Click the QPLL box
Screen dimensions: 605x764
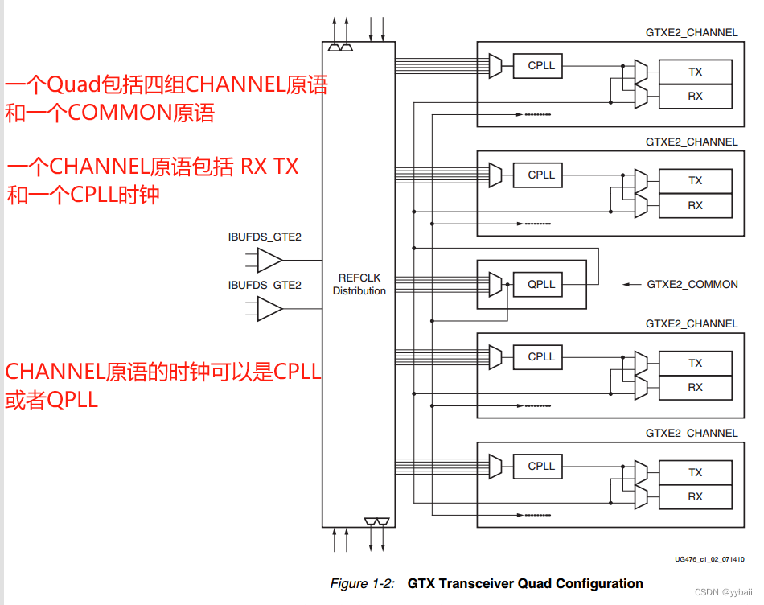(541, 284)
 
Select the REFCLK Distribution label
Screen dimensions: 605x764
(359, 284)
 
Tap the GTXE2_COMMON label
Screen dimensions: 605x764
(692, 284)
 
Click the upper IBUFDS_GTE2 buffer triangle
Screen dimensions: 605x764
(269, 260)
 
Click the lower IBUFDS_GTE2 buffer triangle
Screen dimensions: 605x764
(269, 309)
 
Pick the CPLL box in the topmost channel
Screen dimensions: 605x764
(541, 65)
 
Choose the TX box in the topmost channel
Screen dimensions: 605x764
(695, 72)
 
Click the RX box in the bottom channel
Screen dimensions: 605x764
(695, 497)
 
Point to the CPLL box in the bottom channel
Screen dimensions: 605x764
(541, 466)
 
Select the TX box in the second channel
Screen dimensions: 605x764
(695, 181)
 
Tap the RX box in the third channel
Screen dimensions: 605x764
(695, 387)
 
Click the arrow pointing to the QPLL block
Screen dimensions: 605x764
(634, 284)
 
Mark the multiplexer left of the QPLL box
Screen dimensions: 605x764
(495, 284)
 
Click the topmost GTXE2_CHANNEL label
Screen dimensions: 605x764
(692, 33)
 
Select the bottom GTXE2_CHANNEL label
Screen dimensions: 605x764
(692, 433)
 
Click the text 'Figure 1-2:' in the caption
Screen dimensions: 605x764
(362, 583)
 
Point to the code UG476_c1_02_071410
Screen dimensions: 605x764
(709, 558)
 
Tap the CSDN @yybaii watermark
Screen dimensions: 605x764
(721, 592)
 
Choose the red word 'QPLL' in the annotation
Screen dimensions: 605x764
(72, 400)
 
